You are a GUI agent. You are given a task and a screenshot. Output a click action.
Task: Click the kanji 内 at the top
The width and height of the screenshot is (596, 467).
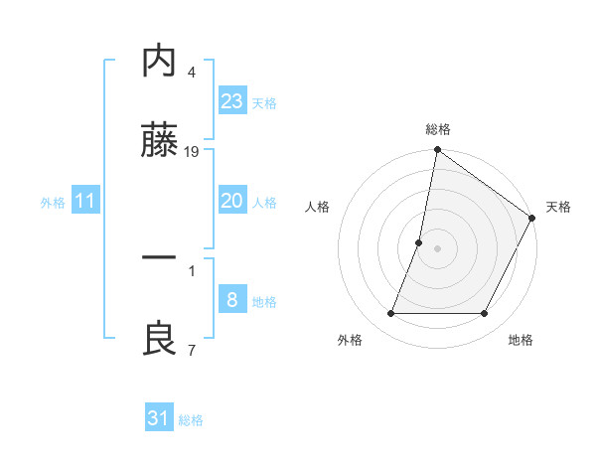click(x=160, y=62)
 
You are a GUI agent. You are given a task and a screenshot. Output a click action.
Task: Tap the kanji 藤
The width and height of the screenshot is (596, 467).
click(x=160, y=142)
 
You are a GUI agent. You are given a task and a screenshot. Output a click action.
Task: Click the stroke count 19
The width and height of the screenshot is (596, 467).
click(x=192, y=152)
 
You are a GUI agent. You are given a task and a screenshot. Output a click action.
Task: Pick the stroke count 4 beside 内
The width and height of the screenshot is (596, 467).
click(x=192, y=72)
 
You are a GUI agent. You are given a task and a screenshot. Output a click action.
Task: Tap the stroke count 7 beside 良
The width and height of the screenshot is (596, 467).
click(x=192, y=349)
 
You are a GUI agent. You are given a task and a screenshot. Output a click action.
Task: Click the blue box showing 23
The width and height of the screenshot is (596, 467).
click(x=232, y=101)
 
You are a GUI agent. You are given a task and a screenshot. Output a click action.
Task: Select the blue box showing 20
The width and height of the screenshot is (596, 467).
click(x=232, y=201)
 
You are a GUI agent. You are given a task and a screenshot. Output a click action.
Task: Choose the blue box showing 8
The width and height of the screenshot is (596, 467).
click(x=232, y=299)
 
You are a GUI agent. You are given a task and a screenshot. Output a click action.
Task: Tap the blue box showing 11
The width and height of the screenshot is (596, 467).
click(x=85, y=201)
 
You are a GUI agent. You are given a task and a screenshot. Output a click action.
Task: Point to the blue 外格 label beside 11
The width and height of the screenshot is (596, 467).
click(x=53, y=203)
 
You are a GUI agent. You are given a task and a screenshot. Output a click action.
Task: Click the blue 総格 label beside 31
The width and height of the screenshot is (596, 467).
click(x=191, y=420)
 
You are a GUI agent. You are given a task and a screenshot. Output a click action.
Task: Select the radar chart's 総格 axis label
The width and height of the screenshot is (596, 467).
click(x=438, y=129)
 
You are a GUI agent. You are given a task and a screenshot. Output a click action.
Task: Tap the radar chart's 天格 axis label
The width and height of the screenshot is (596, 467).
click(x=558, y=207)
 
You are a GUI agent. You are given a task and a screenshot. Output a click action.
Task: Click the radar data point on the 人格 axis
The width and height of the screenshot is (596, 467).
click(x=419, y=242)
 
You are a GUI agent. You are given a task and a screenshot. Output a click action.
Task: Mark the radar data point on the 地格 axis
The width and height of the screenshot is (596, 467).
click(x=485, y=314)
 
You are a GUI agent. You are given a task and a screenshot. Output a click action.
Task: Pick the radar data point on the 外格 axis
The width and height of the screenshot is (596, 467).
click(x=390, y=314)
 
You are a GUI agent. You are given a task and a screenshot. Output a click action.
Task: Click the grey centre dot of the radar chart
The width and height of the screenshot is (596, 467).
click(x=438, y=248)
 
